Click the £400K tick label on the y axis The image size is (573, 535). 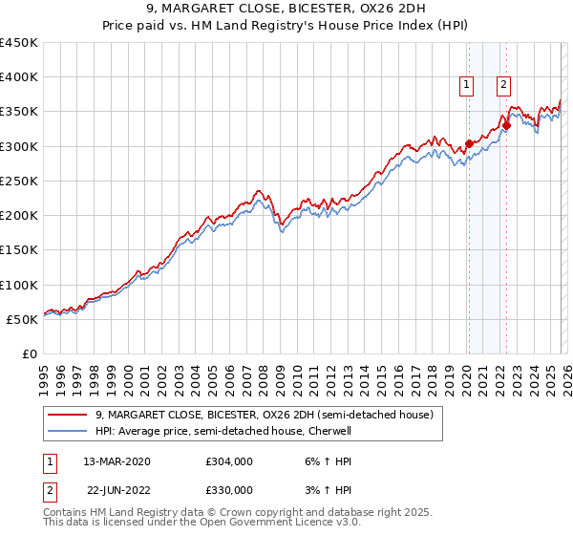(19, 77)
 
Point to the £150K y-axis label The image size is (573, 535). (19, 250)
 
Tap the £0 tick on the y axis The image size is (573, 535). (30, 353)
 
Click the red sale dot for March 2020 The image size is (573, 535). (469, 144)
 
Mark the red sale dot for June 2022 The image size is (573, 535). (507, 125)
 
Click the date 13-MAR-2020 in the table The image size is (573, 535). (117, 461)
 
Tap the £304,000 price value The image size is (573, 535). (229, 461)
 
